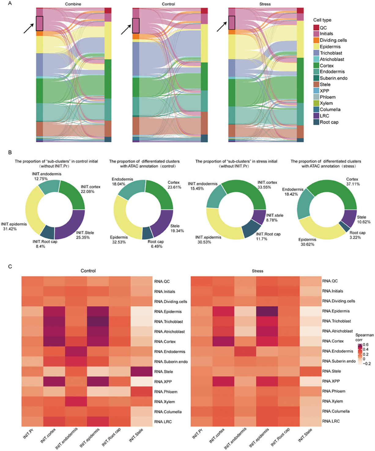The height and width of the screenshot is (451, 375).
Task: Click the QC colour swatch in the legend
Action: [x=316, y=28]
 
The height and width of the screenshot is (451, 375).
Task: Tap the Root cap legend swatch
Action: [x=316, y=122]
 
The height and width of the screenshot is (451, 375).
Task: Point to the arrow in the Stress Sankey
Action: [x=222, y=26]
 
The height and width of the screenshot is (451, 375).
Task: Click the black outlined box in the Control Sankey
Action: [x=136, y=25]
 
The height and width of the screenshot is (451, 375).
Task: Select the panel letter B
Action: [x=10, y=152]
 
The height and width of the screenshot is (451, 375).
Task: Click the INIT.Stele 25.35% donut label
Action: [x=85, y=235]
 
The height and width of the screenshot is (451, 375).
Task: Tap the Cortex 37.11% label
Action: [x=352, y=182]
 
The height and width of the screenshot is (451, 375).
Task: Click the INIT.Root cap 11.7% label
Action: [x=268, y=236]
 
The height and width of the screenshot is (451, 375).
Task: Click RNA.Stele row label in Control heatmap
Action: [x=164, y=372]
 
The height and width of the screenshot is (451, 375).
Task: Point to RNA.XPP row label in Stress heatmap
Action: [x=331, y=381]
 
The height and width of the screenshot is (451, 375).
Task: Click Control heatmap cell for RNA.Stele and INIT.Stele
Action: [x=141, y=372]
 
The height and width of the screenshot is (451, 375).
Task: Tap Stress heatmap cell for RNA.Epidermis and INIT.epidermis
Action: [x=267, y=311]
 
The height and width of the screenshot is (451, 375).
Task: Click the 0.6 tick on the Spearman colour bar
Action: [x=366, y=345]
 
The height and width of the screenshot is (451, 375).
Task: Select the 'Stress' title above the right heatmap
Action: [x=258, y=271]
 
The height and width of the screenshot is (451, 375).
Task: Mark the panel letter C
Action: [x=10, y=266]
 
